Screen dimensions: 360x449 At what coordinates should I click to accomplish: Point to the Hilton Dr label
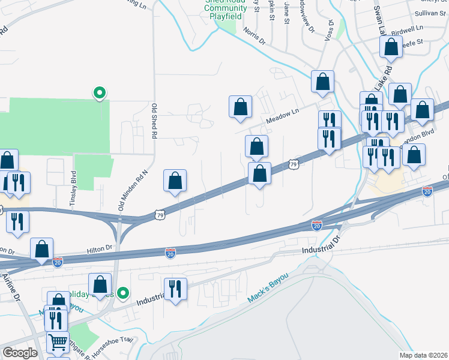click(x=100, y=247)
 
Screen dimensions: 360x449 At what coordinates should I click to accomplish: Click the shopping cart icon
click(x=58, y=343)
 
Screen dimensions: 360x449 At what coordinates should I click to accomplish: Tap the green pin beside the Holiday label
click(x=123, y=293)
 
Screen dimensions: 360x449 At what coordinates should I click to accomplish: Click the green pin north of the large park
click(x=99, y=92)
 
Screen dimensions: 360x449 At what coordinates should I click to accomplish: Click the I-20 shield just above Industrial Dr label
click(x=317, y=225)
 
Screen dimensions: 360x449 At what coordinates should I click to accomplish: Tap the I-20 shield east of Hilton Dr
click(x=171, y=253)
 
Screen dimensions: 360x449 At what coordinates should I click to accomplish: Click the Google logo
click(x=20, y=352)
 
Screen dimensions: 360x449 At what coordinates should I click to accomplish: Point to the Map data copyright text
click(x=423, y=355)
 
